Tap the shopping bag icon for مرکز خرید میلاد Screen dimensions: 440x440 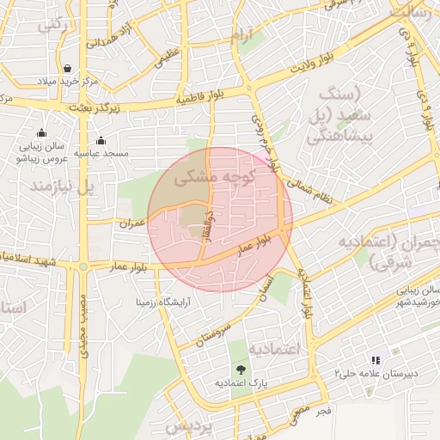tap(67, 68)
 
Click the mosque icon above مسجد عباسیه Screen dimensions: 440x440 tap(101, 140)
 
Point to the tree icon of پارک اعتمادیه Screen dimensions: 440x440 tap(240, 370)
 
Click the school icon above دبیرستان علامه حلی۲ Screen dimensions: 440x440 tap(375, 360)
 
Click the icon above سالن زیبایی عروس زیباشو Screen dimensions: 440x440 tap(41, 133)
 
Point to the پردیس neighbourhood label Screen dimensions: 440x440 tap(187, 426)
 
